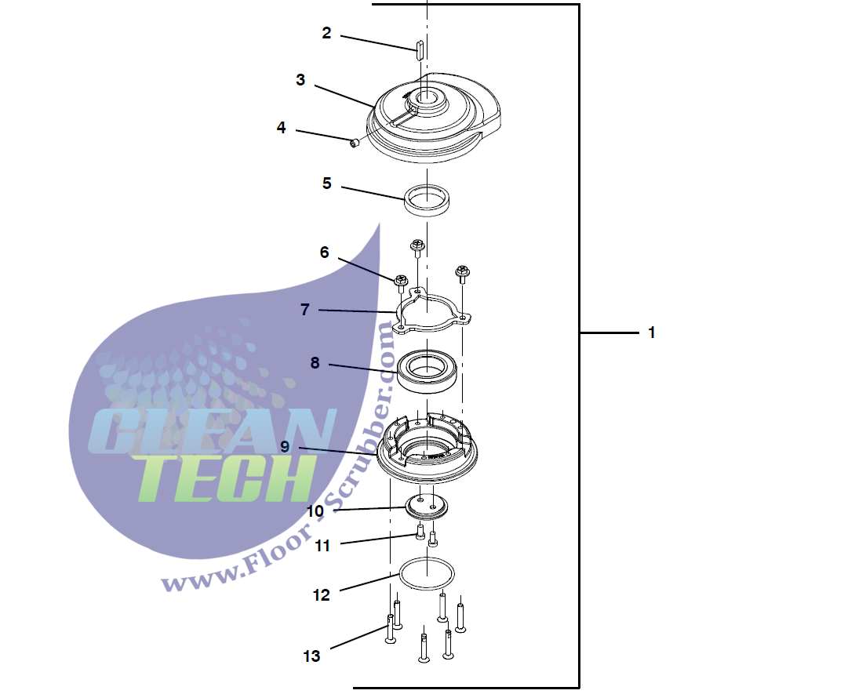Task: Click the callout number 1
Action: coord(651,332)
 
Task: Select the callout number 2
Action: coord(326,33)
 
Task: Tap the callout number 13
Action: coord(311,656)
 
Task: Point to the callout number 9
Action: coord(285,446)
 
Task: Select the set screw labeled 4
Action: coord(355,143)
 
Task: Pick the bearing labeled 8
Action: coord(427,371)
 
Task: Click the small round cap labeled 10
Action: coord(427,507)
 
